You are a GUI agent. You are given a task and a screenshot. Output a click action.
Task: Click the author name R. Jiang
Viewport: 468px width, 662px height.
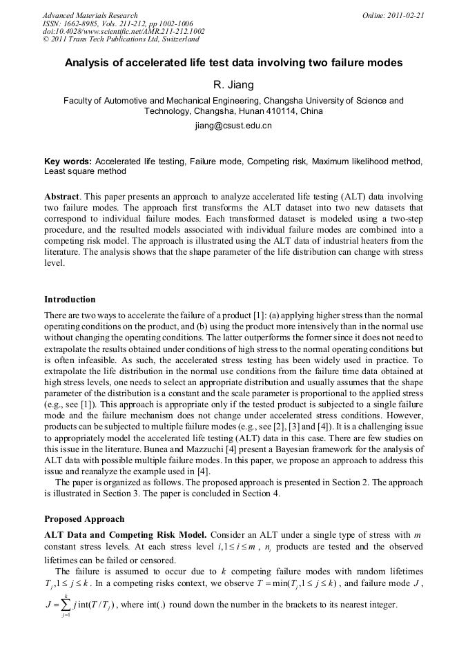233,85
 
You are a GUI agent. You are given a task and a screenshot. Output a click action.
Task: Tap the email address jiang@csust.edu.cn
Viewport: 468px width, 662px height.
233,126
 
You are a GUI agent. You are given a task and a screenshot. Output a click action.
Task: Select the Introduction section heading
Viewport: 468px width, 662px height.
70,300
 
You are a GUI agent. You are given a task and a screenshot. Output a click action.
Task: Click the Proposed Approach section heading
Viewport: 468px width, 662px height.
84,519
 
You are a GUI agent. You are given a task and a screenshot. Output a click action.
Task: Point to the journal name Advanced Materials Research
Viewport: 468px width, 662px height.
90,15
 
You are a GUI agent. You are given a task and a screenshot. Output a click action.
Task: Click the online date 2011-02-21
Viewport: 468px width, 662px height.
406,15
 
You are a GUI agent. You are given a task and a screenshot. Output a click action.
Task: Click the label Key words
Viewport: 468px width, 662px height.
68,162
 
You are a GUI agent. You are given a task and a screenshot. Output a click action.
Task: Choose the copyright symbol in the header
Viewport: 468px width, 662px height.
46,40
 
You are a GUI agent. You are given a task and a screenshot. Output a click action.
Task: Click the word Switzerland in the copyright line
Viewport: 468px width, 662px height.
174,40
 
